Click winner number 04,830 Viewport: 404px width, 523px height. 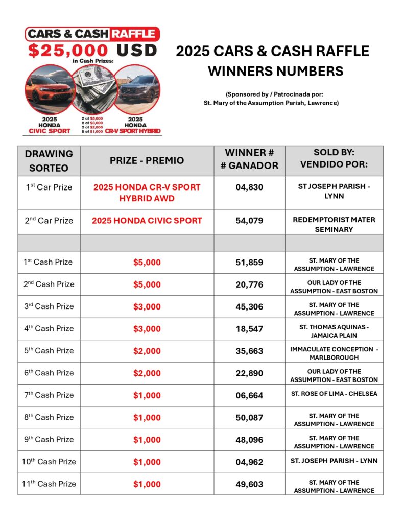point(249,187)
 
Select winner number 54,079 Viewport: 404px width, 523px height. point(249,221)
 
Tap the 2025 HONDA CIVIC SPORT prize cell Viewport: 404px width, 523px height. point(147,221)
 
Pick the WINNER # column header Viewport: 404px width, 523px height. point(249,159)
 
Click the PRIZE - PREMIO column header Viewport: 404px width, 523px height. point(147,160)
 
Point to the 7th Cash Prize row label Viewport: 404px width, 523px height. point(49,395)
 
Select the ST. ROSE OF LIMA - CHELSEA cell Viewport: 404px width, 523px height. point(334,394)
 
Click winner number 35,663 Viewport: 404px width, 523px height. point(249,351)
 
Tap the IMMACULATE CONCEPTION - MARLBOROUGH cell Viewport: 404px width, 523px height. point(334,353)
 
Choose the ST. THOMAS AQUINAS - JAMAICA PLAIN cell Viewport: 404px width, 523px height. point(334,331)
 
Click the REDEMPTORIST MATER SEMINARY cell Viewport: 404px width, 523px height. point(334,225)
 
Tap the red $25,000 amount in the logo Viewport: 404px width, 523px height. point(68,51)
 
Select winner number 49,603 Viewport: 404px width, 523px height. point(249,484)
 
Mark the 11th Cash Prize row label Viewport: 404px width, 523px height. point(49,484)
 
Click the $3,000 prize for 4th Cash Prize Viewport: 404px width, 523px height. point(147,329)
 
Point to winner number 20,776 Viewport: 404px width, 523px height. point(249,284)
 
